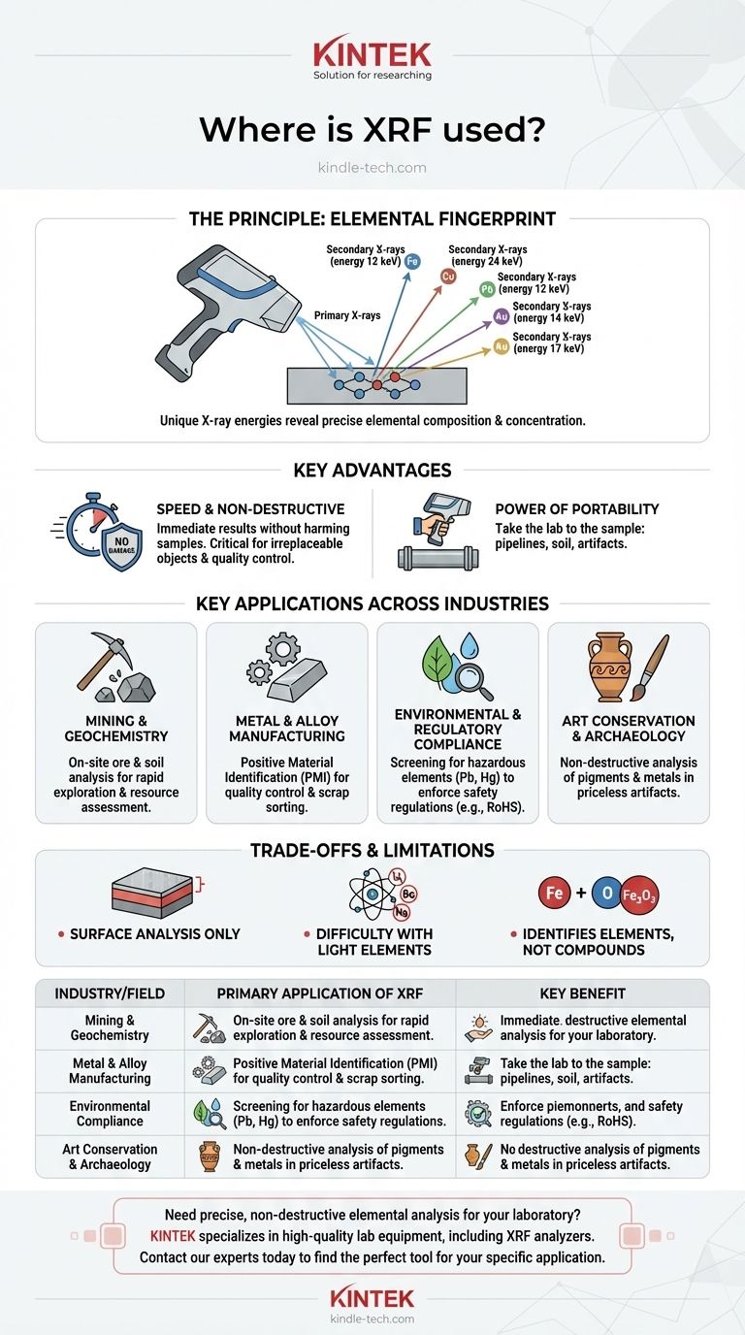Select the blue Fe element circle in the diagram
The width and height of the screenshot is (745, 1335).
click(x=412, y=260)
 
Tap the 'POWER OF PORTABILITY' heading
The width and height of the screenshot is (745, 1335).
click(x=576, y=509)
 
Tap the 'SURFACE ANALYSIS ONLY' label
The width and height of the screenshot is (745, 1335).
click(x=154, y=934)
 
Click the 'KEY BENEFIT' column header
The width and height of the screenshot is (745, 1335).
click(x=582, y=993)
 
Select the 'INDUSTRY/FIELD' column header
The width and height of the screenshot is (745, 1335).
click(x=110, y=993)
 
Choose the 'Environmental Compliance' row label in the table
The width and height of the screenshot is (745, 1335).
click(x=110, y=1113)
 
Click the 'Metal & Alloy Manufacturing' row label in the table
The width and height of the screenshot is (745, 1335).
click(x=110, y=1070)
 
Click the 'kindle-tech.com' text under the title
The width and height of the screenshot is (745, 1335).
click(x=372, y=168)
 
